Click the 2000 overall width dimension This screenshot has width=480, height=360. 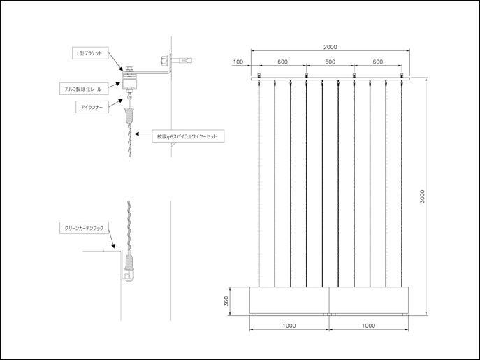[330, 47]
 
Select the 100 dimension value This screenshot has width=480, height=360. [238, 62]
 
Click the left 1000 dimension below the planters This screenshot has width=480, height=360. [290, 326]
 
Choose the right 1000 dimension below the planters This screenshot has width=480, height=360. [369, 326]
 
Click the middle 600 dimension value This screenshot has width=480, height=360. [330, 62]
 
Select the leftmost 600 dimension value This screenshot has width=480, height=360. [282, 62]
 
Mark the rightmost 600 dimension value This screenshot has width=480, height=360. [377, 62]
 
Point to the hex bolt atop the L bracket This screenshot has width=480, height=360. [130, 68]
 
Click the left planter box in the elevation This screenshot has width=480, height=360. [290, 301]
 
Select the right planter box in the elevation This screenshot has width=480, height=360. [368, 301]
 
